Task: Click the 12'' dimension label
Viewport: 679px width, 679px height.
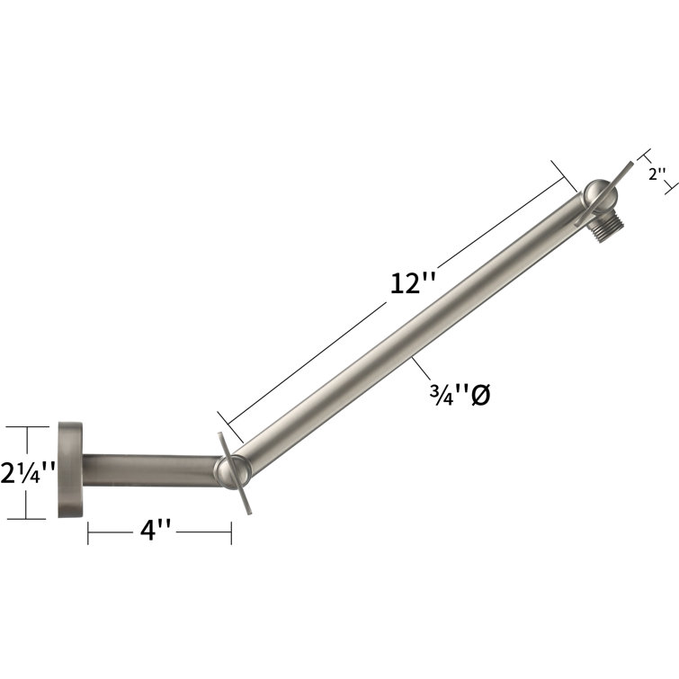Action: [x=413, y=283]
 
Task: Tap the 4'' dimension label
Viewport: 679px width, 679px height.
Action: [x=157, y=532]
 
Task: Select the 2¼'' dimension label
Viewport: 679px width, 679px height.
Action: [x=30, y=471]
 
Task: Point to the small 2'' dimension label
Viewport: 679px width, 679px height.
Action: [x=657, y=174]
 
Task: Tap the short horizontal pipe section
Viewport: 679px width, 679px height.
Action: [x=148, y=469]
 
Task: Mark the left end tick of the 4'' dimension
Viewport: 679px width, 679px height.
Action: [x=88, y=532]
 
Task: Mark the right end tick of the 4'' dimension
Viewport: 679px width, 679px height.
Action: [x=232, y=532]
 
